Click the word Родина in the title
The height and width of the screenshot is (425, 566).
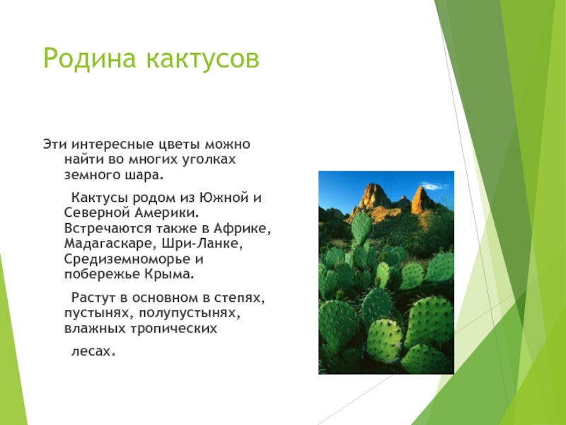coord(90,59)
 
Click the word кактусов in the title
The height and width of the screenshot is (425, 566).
coord(202,59)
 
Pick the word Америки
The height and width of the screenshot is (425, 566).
coord(166,212)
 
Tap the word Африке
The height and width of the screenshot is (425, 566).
coord(242,228)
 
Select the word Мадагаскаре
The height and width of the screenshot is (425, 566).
coord(111,244)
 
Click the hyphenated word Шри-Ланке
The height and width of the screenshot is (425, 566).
coord(202,243)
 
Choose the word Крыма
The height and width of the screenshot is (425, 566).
coord(170,274)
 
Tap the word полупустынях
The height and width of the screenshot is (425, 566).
coord(189,313)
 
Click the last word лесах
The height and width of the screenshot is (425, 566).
coord(93,351)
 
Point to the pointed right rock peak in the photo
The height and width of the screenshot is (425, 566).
coord(422,199)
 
